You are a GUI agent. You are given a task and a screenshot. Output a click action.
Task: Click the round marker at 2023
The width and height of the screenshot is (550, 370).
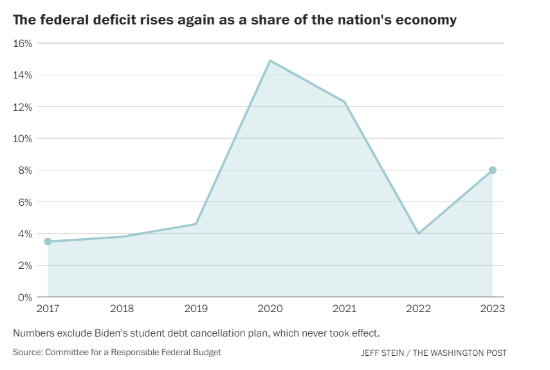click(x=492, y=170)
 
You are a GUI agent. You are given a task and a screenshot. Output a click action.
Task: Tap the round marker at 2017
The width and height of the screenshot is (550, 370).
click(x=48, y=241)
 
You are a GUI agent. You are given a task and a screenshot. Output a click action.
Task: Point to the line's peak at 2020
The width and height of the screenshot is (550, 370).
click(x=270, y=60)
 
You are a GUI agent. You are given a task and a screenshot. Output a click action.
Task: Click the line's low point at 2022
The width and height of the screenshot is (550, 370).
click(x=418, y=233)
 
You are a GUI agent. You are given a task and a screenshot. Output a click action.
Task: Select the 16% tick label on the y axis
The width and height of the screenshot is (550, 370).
click(x=23, y=43)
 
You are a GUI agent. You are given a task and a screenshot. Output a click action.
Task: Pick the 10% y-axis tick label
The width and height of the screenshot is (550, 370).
click(x=23, y=138)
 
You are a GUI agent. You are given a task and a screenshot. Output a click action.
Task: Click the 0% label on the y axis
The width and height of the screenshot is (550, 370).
click(x=26, y=297)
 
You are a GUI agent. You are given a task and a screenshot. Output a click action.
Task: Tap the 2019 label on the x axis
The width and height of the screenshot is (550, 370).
click(x=196, y=309)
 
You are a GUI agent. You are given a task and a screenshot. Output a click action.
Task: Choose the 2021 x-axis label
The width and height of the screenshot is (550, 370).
click(x=344, y=309)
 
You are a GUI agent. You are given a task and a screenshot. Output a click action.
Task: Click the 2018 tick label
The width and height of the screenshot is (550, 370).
click(x=122, y=309)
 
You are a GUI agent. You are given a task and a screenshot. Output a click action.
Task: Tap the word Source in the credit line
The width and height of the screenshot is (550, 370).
click(x=26, y=353)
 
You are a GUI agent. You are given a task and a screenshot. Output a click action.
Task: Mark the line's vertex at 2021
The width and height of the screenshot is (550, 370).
click(x=344, y=102)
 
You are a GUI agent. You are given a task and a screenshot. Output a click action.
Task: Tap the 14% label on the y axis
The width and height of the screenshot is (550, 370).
click(x=23, y=75)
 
